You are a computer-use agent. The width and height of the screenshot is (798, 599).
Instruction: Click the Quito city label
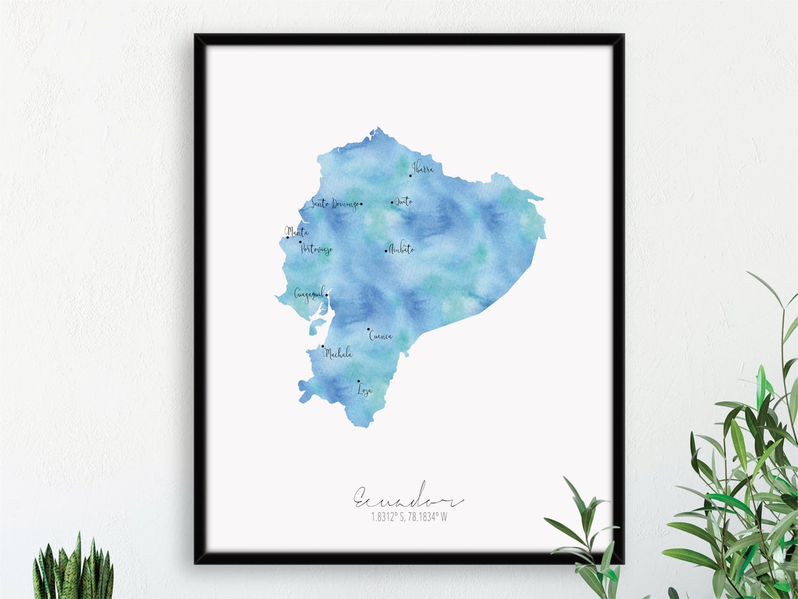point(404,202)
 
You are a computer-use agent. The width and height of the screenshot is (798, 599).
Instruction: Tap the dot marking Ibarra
point(411,176)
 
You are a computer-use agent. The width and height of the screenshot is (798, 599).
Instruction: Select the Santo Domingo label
point(335,204)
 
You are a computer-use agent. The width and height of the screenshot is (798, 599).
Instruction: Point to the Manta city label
point(297,231)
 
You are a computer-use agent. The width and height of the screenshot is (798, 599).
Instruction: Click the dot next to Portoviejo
point(300,242)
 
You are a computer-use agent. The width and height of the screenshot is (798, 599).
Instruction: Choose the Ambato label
point(402,249)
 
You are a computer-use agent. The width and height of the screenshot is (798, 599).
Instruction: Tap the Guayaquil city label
point(309,294)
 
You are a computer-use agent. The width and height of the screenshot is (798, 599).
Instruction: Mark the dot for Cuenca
point(368,328)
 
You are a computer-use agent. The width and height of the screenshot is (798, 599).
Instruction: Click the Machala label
point(337,353)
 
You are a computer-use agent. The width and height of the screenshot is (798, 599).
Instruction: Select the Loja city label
point(365,390)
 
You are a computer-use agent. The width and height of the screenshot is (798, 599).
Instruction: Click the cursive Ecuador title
point(408,498)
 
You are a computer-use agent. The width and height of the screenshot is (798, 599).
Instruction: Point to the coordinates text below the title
point(409,518)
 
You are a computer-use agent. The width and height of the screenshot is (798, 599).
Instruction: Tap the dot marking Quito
point(392,202)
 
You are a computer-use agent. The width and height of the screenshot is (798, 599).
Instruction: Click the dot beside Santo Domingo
point(360,205)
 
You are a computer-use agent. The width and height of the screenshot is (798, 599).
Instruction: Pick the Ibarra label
point(423,168)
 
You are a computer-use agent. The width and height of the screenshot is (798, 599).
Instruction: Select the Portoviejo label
point(316,249)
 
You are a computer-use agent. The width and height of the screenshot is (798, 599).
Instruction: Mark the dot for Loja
point(358,382)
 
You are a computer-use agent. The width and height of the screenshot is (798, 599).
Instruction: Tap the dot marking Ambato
point(386,251)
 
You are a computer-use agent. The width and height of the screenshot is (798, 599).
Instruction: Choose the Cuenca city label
point(381,336)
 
